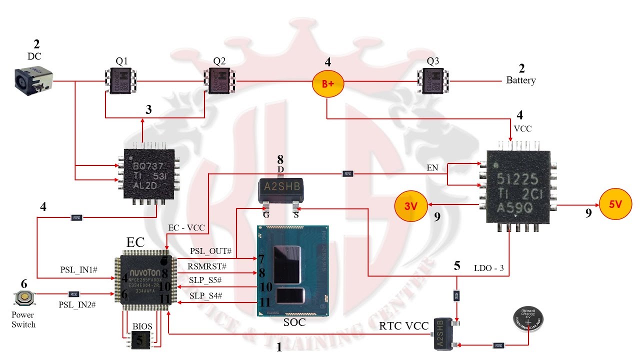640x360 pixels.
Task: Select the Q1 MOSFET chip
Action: point(122,80)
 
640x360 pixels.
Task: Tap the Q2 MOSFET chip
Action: point(219,80)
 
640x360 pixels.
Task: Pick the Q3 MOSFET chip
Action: point(433,80)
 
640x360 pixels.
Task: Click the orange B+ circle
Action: point(327,83)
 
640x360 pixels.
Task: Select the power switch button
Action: point(23,298)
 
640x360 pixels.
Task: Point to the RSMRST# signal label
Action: point(207,266)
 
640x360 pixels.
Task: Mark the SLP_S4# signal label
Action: point(205,296)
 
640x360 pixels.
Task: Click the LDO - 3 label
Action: point(488,268)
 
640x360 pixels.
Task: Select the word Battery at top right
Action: point(521,80)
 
